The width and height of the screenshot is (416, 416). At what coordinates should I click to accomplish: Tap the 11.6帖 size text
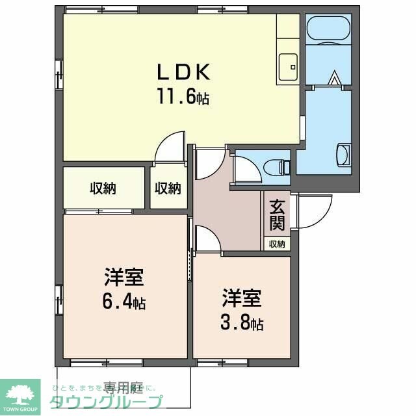182,97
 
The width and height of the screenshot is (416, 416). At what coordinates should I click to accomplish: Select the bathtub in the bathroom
328,30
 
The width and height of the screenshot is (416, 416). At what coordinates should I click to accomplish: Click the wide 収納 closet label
103,188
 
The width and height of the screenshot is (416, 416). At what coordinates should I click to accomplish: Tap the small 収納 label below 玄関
277,244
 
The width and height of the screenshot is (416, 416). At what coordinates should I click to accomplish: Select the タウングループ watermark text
107,402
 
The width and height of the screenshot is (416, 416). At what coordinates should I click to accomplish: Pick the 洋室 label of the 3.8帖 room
242,299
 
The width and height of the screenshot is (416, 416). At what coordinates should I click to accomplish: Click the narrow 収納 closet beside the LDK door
167,188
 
